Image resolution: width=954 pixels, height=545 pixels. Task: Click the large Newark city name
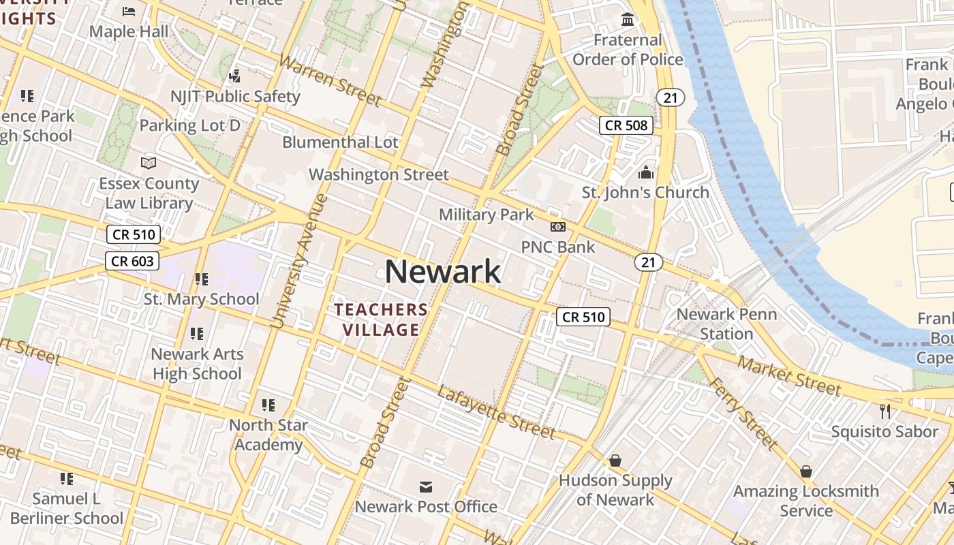coord(443,272)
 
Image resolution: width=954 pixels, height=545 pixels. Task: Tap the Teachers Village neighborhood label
coord(382,320)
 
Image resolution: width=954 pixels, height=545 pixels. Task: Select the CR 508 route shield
coord(626,125)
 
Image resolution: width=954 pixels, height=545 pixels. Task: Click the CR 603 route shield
coord(132,260)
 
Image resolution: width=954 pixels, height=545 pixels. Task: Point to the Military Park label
coord(486,215)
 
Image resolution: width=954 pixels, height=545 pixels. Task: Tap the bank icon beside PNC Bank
coord(557,227)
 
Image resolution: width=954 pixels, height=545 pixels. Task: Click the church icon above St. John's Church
coord(645,172)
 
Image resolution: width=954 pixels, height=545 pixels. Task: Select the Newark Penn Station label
coord(726,324)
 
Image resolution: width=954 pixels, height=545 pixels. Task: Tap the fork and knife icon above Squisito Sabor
coord(884,411)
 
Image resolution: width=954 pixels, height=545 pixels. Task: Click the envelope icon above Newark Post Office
coord(426,486)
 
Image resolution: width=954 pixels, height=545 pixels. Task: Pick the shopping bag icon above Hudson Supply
coord(615,461)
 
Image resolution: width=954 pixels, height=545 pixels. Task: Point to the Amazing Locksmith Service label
coord(806,500)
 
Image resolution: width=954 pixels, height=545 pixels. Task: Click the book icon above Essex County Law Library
coord(149,163)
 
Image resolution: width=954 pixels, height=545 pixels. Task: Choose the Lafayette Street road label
coord(495,411)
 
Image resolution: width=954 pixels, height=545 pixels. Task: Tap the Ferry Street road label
coord(743,414)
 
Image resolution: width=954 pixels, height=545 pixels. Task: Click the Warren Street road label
coord(330,80)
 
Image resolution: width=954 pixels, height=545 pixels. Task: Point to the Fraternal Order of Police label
coord(627,50)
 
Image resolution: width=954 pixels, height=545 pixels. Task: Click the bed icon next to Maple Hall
coord(129,11)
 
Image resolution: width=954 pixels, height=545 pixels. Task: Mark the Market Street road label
coord(789,376)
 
